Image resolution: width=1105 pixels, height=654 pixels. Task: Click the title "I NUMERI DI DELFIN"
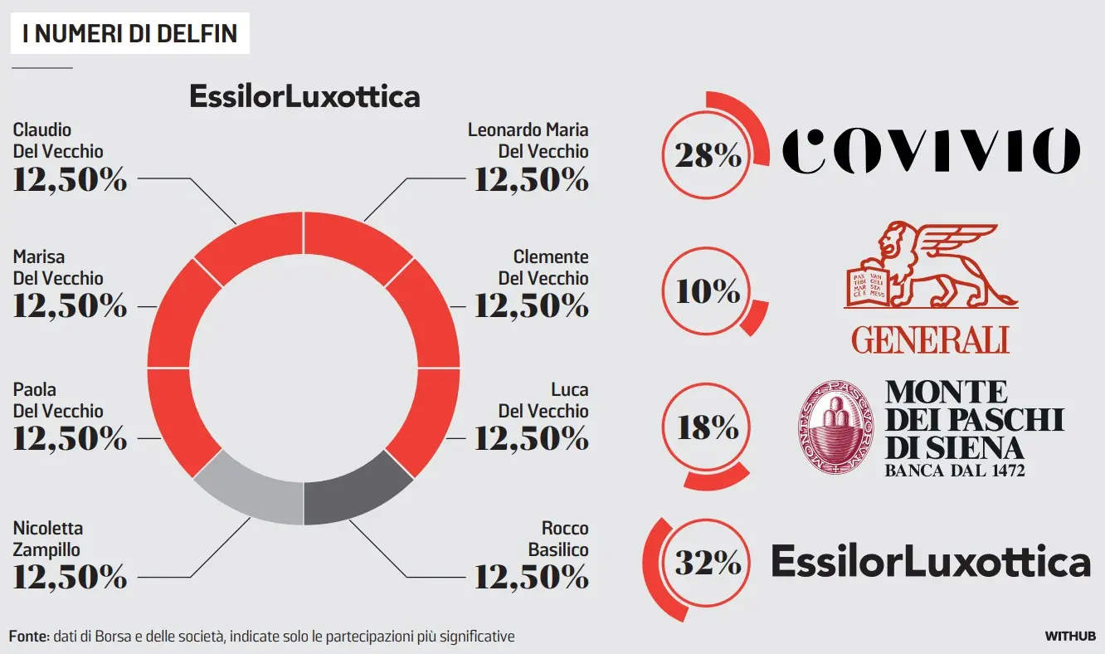(130, 33)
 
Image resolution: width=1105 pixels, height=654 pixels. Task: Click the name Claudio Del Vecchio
(58, 140)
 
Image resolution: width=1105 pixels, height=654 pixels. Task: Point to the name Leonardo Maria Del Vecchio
(528, 140)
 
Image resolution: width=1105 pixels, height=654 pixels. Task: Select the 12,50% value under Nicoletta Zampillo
(70, 577)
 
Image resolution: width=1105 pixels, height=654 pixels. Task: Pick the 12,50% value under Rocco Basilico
(531, 577)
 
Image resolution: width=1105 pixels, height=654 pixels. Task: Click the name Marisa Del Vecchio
(58, 267)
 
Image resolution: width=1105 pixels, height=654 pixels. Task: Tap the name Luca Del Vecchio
(543, 400)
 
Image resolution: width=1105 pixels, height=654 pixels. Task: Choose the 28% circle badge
(708, 155)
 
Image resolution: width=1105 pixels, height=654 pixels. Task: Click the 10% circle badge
(708, 291)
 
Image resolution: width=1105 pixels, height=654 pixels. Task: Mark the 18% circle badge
(708, 427)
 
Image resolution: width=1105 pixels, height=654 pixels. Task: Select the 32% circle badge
(708, 564)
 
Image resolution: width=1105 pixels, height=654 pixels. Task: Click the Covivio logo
(931, 151)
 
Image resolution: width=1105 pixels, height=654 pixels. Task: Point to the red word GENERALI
(930, 339)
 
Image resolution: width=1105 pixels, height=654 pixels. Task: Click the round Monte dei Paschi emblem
(836, 427)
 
